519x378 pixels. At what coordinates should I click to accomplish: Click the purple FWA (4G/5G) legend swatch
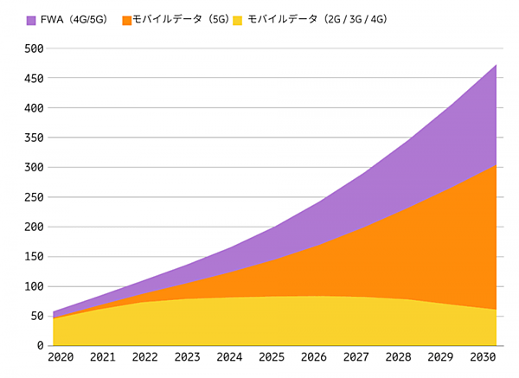(x=31, y=19)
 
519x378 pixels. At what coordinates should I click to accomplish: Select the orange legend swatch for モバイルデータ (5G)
(x=127, y=19)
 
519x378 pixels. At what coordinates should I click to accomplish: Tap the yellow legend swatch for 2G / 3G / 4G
(x=237, y=19)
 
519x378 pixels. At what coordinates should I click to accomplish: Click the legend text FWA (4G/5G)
(x=74, y=19)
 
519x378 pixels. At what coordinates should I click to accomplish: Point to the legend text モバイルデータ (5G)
(x=178, y=19)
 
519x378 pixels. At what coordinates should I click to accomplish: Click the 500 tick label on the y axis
(x=33, y=49)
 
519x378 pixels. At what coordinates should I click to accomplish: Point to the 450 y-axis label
(x=33, y=79)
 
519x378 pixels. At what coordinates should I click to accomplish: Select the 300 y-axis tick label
(x=33, y=168)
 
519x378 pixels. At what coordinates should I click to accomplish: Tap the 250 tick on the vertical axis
(x=33, y=197)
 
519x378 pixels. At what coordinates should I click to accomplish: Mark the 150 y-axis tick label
(x=33, y=257)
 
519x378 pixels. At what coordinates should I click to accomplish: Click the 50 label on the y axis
(x=36, y=317)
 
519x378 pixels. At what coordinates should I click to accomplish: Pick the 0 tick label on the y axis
(x=40, y=346)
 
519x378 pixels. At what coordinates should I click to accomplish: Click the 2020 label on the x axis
(x=61, y=357)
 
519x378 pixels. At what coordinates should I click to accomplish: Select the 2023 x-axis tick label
(x=187, y=357)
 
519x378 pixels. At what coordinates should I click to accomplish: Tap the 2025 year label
(x=271, y=357)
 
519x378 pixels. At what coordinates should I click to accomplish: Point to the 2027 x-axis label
(x=355, y=357)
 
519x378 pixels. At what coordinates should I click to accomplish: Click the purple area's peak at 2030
(x=496, y=65)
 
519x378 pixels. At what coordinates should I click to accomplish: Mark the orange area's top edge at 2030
(x=496, y=164)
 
